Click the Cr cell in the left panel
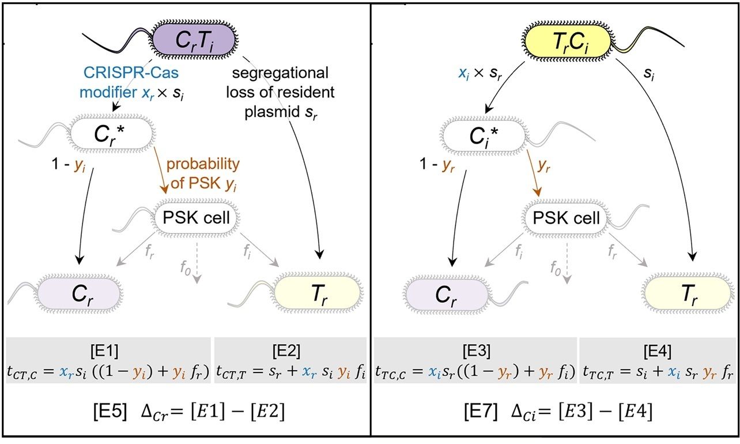click(80, 294)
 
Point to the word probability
click(202, 164)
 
